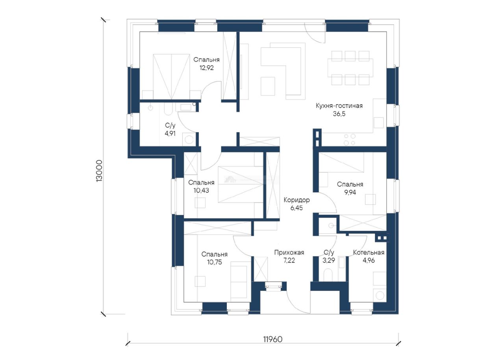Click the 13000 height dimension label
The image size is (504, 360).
tap(99, 171)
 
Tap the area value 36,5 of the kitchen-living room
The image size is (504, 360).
tap(339, 114)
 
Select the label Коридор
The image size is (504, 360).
tap(296, 200)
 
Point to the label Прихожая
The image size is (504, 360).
tap(289, 253)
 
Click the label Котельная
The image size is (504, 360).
tap(369, 253)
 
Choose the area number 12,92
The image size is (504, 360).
tap(207, 68)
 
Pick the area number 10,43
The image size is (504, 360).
tap(201, 190)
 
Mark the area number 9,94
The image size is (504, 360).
tap(350, 192)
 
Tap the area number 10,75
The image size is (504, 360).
tap(215, 262)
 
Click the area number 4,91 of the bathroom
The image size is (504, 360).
tap(170, 133)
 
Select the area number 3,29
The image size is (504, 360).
tap(329, 260)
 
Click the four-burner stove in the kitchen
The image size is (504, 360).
tap(349, 139)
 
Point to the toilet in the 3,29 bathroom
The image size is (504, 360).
tap(328, 275)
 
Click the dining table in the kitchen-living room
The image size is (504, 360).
tap(350, 68)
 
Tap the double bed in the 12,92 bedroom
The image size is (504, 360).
tap(171, 77)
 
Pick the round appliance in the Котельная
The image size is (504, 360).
tap(380, 295)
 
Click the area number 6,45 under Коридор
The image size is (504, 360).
tap(296, 208)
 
